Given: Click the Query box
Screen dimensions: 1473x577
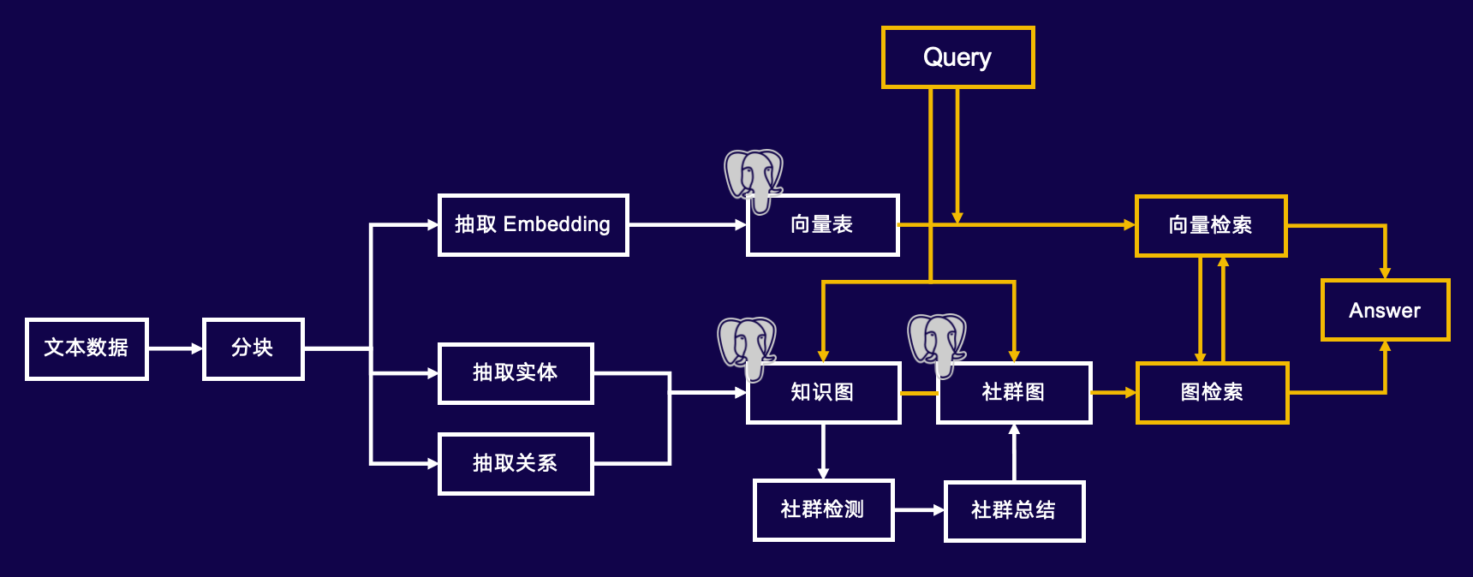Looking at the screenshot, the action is tap(957, 57).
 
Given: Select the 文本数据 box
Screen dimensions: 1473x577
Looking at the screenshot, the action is tap(86, 348).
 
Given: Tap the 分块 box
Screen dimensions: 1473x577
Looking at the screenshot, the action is tap(253, 348).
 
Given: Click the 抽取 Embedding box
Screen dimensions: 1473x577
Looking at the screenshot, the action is tap(533, 225).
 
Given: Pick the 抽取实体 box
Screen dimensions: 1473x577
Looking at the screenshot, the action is tap(516, 373).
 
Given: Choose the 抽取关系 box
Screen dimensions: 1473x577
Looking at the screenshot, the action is tap(516, 464).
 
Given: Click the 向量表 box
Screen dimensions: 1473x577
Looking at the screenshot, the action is tap(822, 225).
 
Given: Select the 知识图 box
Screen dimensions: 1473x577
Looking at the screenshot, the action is tap(823, 393).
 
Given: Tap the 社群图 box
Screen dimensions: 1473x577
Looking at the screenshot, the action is tap(1014, 393).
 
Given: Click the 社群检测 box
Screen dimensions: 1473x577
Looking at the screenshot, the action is tap(823, 510).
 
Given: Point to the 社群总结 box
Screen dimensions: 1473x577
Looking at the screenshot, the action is tap(1014, 511).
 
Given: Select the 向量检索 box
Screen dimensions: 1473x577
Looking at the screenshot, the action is tap(1211, 226).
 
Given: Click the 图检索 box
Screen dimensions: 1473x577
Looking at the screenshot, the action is tap(1212, 393).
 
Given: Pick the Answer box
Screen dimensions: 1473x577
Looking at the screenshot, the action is tap(1385, 310).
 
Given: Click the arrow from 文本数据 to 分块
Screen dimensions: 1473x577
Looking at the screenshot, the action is tap(176, 348).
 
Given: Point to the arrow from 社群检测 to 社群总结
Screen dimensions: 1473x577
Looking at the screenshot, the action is tap(920, 510).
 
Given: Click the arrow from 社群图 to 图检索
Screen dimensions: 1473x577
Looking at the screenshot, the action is tap(1114, 393).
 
